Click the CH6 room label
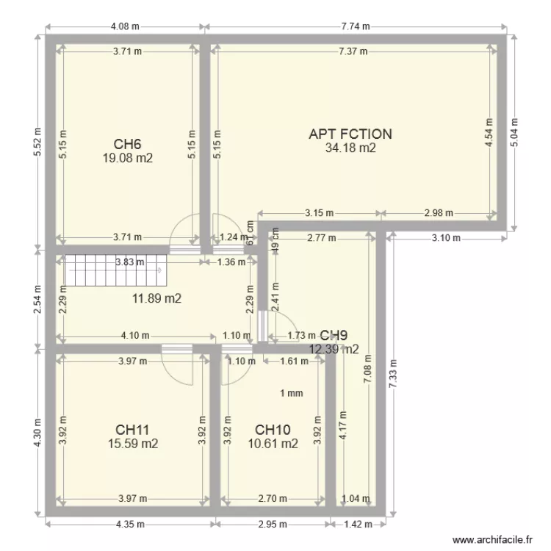point(126,144)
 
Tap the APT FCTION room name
point(350,134)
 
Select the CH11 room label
point(133,429)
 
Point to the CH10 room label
point(273,429)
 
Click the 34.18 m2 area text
point(350,148)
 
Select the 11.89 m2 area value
point(156,298)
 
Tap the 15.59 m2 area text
point(133,443)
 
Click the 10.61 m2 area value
point(273,443)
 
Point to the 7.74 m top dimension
point(355,27)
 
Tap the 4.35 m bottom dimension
point(130,525)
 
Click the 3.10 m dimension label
point(445,238)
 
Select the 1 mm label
point(292,393)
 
